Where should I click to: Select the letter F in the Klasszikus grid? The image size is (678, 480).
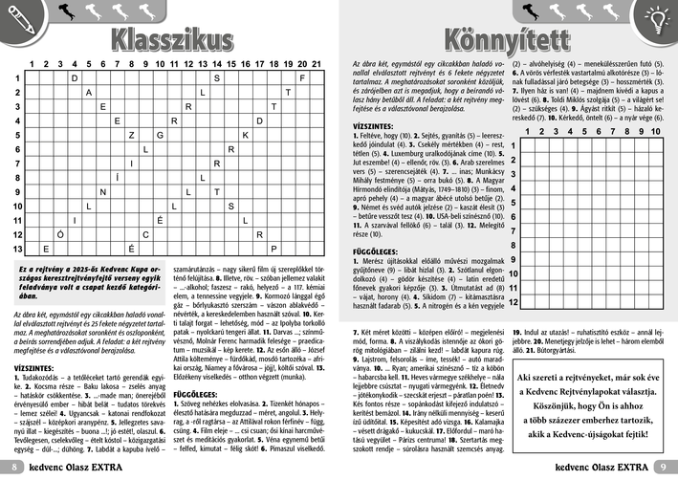(x=302, y=77)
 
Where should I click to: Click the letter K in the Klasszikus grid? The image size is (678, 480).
(x=245, y=135)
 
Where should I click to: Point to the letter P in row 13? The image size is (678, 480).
(x=273, y=249)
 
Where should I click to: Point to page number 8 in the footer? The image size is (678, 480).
(x=15, y=468)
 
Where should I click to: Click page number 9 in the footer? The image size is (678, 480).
(x=663, y=468)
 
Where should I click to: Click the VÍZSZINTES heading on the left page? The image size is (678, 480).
(x=33, y=366)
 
